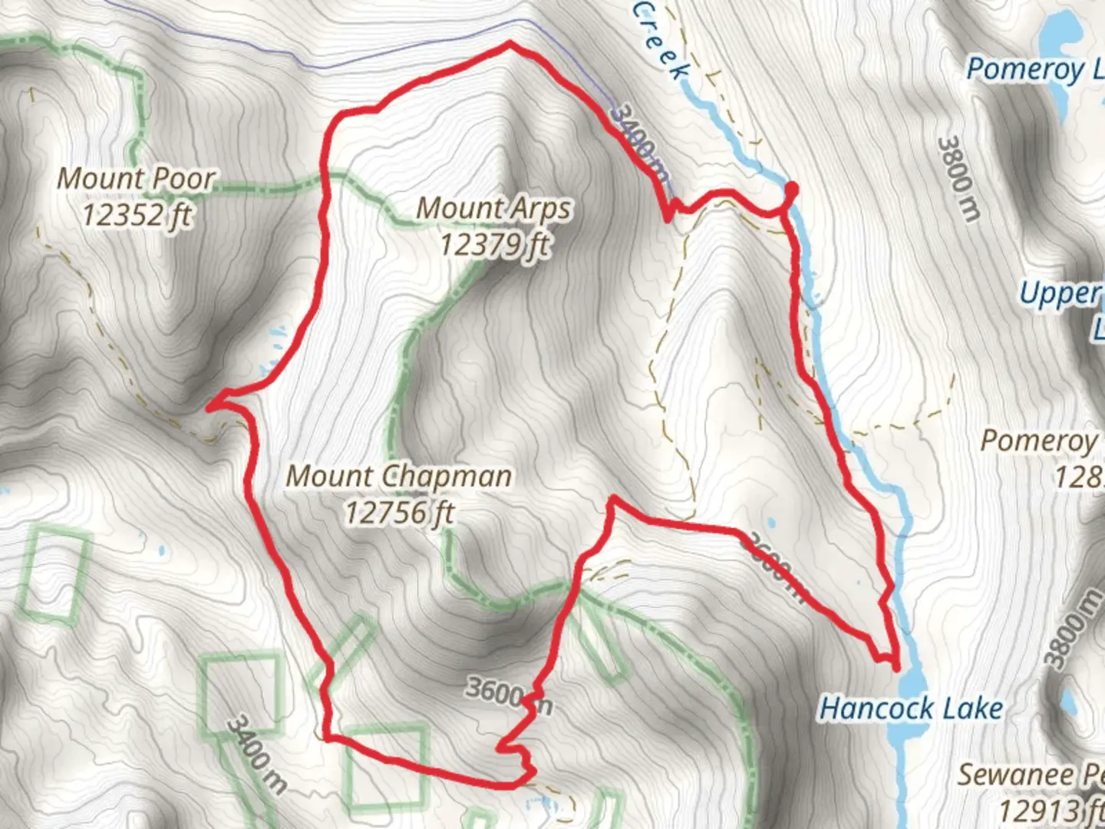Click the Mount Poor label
136,178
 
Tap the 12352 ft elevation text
136,214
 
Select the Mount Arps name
493,207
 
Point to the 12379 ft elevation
495,244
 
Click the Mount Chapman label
398,476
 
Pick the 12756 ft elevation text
399,512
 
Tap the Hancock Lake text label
911,708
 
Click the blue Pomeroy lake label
1033,69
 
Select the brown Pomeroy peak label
1039,441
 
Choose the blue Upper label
1060,293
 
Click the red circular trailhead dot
790,188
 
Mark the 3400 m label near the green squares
257,754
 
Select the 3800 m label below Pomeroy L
958,179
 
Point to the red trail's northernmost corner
509,45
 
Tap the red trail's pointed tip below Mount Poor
209,407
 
